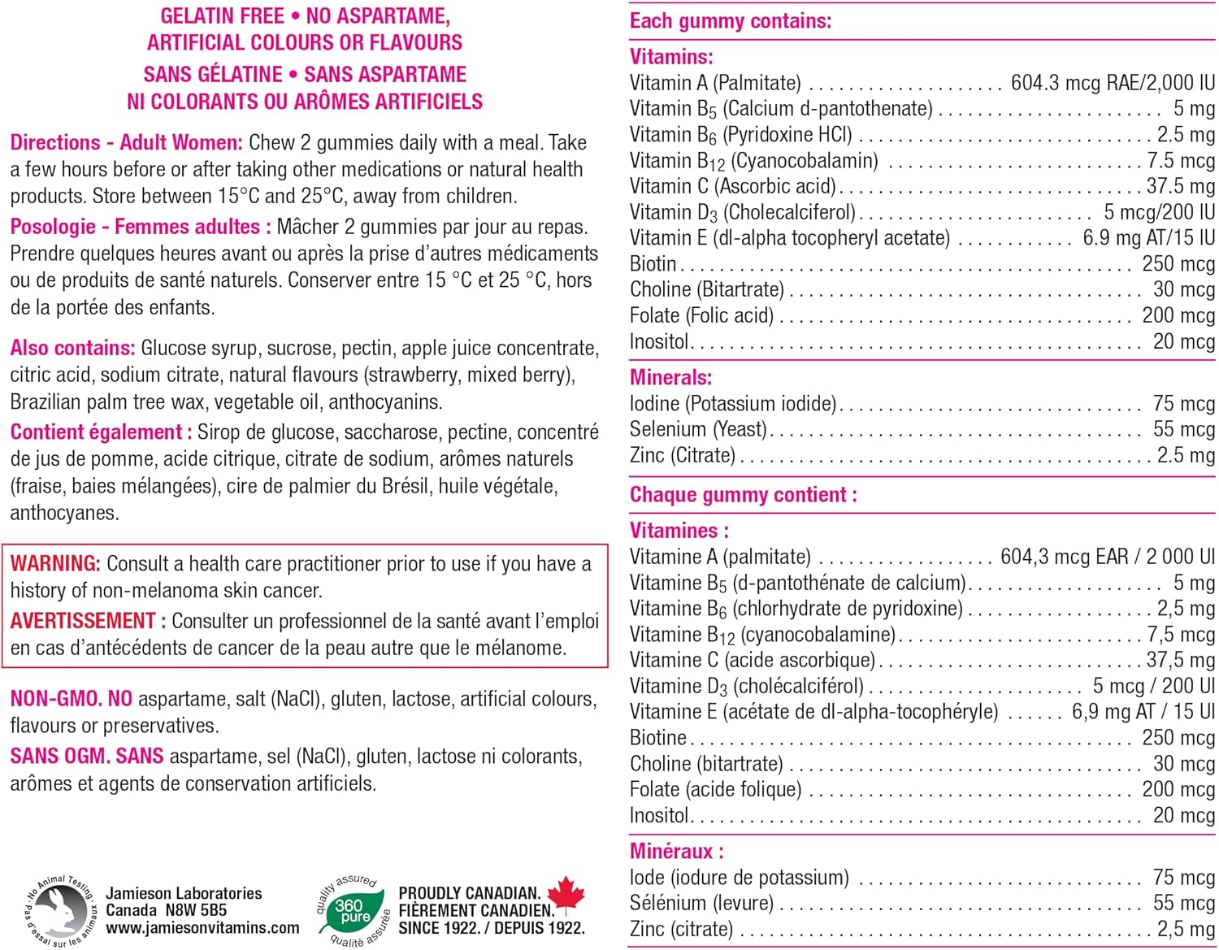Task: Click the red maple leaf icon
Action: coord(566,896)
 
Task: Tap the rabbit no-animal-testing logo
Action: coord(60,911)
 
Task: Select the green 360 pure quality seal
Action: coord(353,911)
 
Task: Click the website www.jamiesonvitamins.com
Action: coord(202,928)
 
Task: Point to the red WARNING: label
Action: coord(55,564)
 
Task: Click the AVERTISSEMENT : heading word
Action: coord(88,621)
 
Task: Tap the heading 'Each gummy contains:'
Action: coord(730,21)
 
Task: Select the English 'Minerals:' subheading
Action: coord(670,378)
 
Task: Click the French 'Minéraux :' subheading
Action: coord(676,852)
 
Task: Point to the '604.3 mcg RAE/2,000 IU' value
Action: coord(1112,83)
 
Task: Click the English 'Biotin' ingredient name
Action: coord(653,264)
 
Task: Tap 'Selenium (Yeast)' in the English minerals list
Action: coord(698,429)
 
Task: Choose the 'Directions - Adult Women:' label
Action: coord(126,143)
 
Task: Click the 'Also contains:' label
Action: coord(72,349)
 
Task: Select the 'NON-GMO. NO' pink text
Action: coord(71,699)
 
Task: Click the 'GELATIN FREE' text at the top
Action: coord(222,16)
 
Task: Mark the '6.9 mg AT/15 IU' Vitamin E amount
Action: coord(1148,238)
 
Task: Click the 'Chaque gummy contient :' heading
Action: coord(743,495)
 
